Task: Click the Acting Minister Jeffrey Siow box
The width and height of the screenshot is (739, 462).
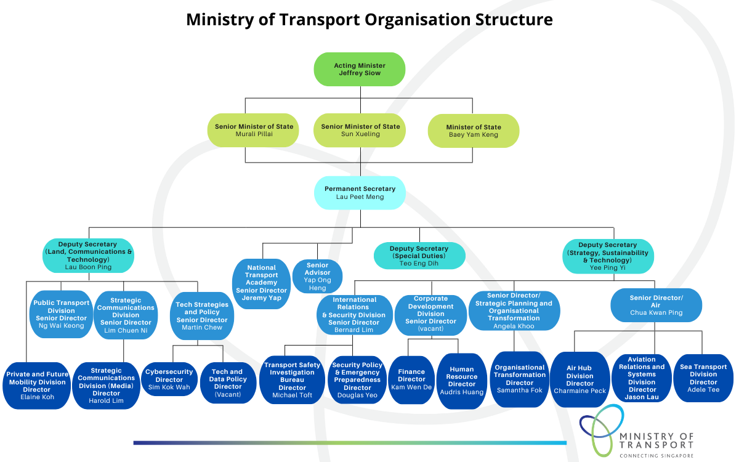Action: click(360, 69)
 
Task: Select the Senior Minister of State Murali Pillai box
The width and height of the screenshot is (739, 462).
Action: click(254, 130)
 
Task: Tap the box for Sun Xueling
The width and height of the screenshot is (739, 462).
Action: click(360, 130)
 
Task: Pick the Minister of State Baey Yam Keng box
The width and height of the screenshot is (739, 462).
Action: click(474, 131)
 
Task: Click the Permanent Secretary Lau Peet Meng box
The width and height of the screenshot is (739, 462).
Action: click(360, 193)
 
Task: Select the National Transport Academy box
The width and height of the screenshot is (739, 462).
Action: click(262, 283)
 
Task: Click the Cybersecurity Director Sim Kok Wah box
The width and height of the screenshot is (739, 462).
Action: click(169, 379)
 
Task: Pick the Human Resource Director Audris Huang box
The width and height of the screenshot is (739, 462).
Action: click(462, 380)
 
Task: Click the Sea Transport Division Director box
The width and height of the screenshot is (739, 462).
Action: click(703, 378)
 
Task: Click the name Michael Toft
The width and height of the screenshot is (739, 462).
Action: click(292, 395)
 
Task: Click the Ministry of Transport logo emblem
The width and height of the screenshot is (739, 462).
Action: click(601, 435)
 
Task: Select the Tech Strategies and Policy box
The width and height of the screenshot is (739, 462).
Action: click(202, 316)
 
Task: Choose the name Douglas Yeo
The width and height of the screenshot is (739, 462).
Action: click(357, 395)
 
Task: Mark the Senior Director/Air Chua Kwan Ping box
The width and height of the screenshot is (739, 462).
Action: click(656, 305)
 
